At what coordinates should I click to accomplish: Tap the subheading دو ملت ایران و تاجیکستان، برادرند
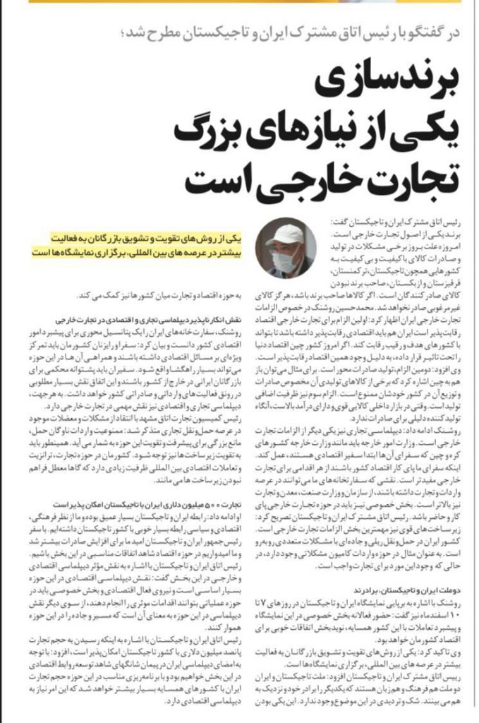(x=408, y=590)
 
